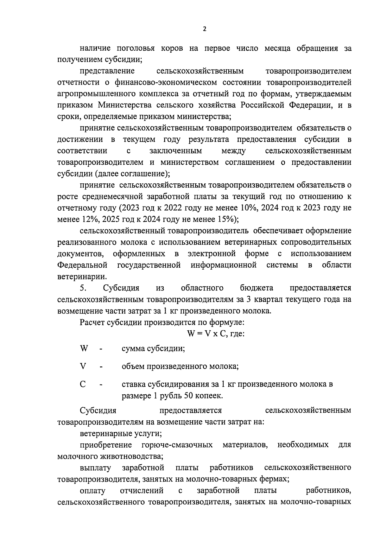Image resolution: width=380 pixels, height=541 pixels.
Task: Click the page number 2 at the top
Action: tap(204, 29)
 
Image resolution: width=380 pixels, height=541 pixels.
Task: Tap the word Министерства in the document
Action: tap(127, 105)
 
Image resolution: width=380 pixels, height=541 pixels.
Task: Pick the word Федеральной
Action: tap(82, 265)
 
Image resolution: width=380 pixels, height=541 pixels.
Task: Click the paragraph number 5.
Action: tap(83, 288)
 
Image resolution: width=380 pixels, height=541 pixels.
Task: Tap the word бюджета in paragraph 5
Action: tap(256, 288)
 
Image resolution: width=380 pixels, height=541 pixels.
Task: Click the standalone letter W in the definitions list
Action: tap(84, 349)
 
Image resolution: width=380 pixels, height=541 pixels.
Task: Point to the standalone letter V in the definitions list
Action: tap(83, 366)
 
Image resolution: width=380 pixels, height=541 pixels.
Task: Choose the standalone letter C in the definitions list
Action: tap(83, 385)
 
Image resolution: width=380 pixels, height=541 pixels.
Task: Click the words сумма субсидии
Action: tap(153, 349)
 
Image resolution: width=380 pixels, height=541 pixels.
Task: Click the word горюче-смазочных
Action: tap(177, 445)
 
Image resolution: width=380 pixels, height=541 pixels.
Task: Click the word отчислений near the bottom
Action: tap(142, 491)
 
